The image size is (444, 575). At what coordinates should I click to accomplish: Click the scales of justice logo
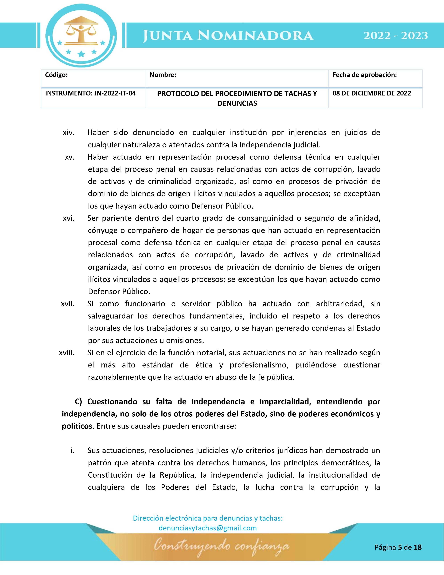[x=81, y=33]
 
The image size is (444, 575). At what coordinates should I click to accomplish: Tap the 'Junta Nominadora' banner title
[x=228, y=36]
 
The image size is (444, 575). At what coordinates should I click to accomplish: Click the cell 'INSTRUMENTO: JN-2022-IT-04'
[x=91, y=93]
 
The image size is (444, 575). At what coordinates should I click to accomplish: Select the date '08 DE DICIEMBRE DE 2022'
[x=372, y=93]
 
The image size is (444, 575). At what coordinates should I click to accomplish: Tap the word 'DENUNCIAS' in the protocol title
[x=237, y=103]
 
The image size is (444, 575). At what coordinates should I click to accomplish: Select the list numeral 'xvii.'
[x=68, y=304]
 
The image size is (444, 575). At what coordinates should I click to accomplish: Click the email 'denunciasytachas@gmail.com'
[x=208, y=528]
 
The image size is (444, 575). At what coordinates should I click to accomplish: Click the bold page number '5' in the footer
[x=400, y=547]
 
